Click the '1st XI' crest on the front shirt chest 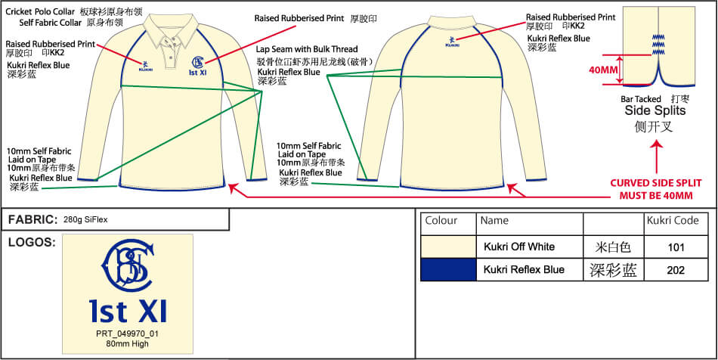pyautogui.click(x=197, y=66)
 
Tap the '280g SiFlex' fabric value pyautogui.click(x=86, y=220)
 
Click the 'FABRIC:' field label pyautogui.click(x=32, y=220)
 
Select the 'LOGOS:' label pyautogui.click(x=30, y=242)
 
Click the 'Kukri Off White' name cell pyautogui.click(x=519, y=247)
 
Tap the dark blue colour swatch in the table pyautogui.click(x=447, y=270)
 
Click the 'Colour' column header pyautogui.click(x=441, y=222)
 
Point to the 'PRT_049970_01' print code pyautogui.click(x=128, y=334)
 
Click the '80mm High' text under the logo pyautogui.click(x=128, y=344)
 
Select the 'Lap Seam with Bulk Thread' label pyautogui.click(x=307, y=50)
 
